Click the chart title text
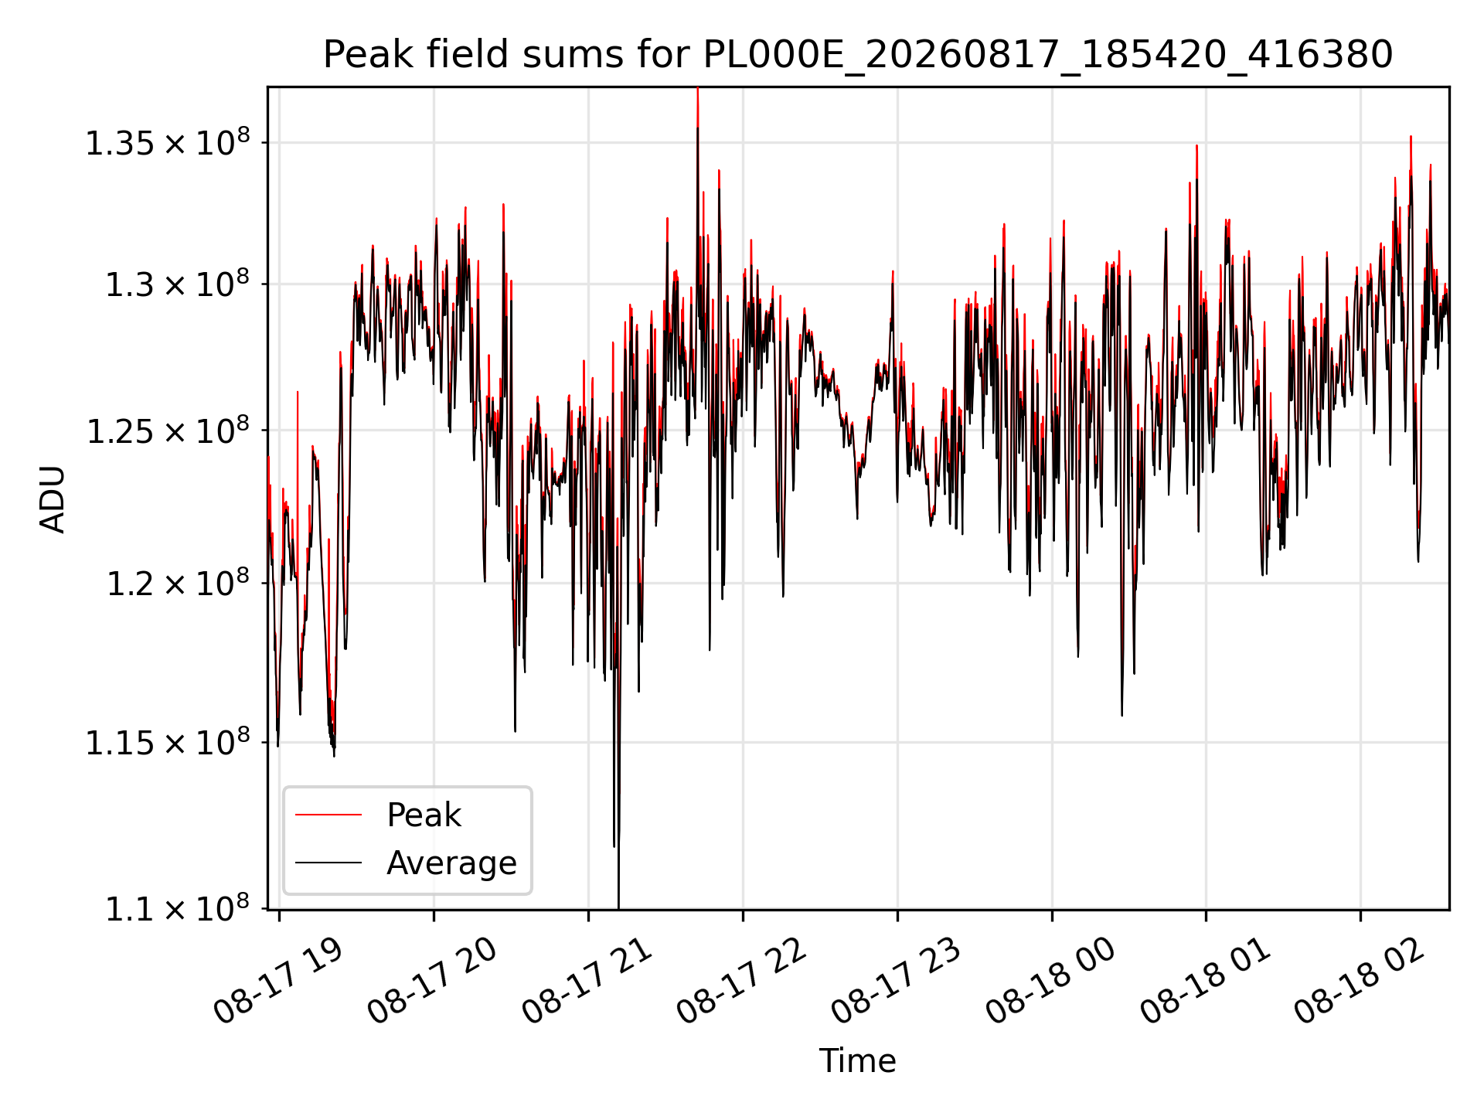pyautogui.click(x=857, y=55)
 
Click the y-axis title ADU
pyautogui.click(x=53, y=499)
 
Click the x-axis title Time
pyautogui.click(x=857, y=1060)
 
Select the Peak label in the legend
pyautogui.click(x=424, y=815)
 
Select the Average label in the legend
pyautogui.click(x=451, y=863)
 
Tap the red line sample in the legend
pyautogui.click(x=328, y=815)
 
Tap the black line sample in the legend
pyautogui.click(x=328, y=863)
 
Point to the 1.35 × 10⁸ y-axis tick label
pyautogui.click(x=168, y=143)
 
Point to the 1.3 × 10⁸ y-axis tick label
pyautogui.click(x=178, y=284)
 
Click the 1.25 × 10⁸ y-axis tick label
pyautogui.click(x=168, y=431)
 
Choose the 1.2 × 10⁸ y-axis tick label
pyautogui.click(x=178, y=583)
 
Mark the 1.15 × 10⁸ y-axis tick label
pyautogui.click(x=168, y=743)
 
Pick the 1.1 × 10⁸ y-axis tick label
pyautogui.click(x=178, y=909)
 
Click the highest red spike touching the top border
pyautogui.click(x=697, y=90)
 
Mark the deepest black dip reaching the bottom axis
pyautogui.click(x=618, y=906)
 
